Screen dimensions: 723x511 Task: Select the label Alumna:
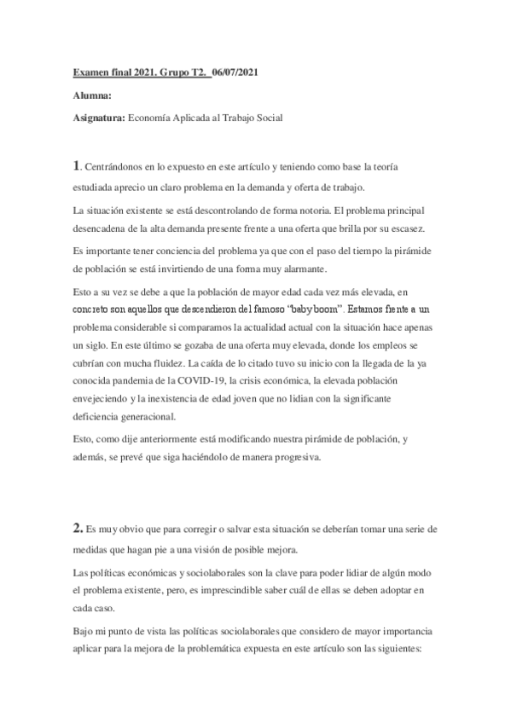pos(91,96)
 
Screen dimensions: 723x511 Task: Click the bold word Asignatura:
pos(98,119)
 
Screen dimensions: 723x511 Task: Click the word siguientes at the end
pos(409,649)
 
